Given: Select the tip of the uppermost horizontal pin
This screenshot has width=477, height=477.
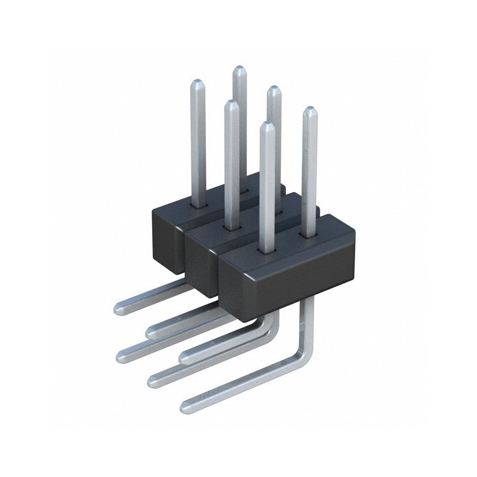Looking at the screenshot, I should click(x=118, y=309).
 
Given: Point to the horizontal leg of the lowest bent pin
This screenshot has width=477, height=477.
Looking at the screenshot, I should click(x=238, y=385).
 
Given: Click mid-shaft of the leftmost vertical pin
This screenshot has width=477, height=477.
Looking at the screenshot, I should click(x=198, y=143).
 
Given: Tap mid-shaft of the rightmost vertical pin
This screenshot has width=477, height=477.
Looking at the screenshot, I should click(x=309, y=173).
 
